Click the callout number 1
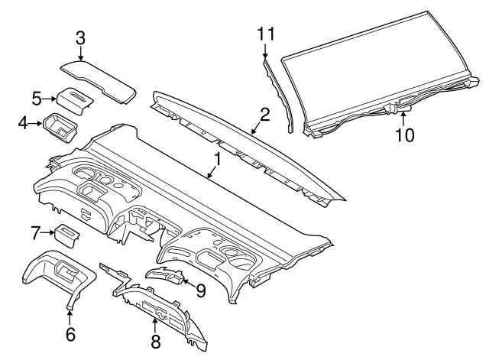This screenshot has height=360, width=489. click(217, 159)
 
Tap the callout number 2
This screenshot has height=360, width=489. click(264, 115)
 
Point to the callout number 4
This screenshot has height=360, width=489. click(23, 122)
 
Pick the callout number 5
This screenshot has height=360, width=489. click(37, 98)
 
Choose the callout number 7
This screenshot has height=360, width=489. click(35, 231)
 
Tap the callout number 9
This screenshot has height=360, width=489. click(201, 290)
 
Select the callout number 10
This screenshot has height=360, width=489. click(404, 135)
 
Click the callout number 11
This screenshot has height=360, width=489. click(265, 33)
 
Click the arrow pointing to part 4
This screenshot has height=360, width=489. click(35, 122)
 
